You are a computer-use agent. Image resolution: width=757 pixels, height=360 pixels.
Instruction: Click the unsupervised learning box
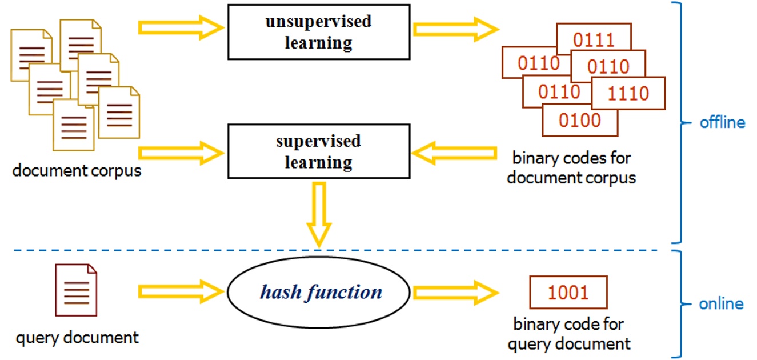318,32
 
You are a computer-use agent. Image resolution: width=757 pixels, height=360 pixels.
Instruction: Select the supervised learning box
318,151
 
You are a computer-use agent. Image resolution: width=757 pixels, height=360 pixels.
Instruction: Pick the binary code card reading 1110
628,93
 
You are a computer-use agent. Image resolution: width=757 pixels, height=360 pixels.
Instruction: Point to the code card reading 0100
579,121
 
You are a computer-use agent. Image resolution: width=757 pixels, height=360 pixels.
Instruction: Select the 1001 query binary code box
568,293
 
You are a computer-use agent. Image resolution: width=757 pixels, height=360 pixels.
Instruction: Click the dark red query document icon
76,290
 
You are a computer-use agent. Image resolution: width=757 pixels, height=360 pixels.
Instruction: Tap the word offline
722,122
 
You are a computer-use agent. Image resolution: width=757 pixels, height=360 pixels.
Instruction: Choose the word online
721,303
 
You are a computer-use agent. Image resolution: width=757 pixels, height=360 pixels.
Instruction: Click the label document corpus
77,171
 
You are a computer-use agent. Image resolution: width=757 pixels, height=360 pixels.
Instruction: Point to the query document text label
77,338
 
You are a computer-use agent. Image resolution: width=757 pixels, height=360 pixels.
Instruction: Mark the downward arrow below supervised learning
319,214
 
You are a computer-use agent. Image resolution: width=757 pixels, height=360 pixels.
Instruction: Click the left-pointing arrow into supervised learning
454,153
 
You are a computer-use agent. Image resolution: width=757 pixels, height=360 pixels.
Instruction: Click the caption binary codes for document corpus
571,167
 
